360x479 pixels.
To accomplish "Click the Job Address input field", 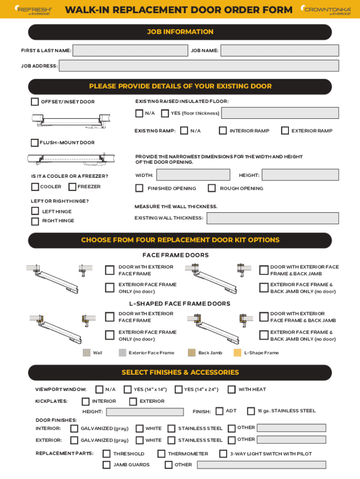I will (199, 66).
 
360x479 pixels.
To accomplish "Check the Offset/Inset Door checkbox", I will (35, 102).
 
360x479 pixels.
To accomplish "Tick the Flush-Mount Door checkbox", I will (35, 143).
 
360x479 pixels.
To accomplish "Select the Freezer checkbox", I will (72, 187).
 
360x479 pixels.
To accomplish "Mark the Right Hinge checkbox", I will (35, 221).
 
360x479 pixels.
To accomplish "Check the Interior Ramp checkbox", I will (223, 131).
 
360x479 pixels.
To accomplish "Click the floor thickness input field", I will (280, 113).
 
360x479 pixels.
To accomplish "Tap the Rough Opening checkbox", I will (212, 189).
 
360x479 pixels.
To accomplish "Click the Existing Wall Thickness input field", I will (273, 218).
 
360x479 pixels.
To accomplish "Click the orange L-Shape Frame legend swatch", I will (238, 353).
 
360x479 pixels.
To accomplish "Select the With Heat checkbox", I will (231, 389).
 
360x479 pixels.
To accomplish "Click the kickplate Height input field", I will (145, 412).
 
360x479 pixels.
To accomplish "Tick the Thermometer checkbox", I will (161, 454).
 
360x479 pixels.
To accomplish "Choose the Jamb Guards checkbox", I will (107, 465).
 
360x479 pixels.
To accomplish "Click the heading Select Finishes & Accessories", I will (180, 372).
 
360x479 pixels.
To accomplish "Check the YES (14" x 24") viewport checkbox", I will (178, 389).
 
